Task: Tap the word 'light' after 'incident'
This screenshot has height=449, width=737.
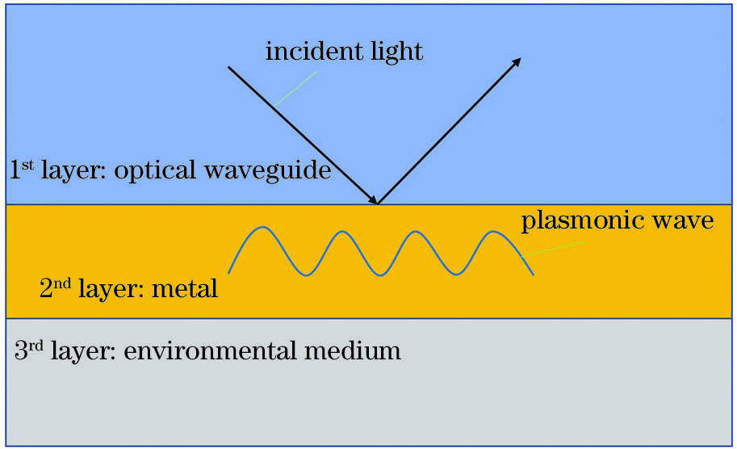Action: coord(395,52)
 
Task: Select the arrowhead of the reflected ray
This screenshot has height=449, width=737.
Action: coord(517,61)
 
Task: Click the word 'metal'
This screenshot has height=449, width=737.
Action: coord(188,288)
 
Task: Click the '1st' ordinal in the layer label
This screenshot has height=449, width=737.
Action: coord(21,170)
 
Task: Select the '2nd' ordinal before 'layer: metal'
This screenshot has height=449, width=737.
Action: coord(55,287)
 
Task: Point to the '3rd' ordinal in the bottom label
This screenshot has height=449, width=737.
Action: coord(29,350)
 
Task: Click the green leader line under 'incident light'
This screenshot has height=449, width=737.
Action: coord(296,88)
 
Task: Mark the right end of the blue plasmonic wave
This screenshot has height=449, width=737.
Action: coord(533,275)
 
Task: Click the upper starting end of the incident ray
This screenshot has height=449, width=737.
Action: coord(229,67)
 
